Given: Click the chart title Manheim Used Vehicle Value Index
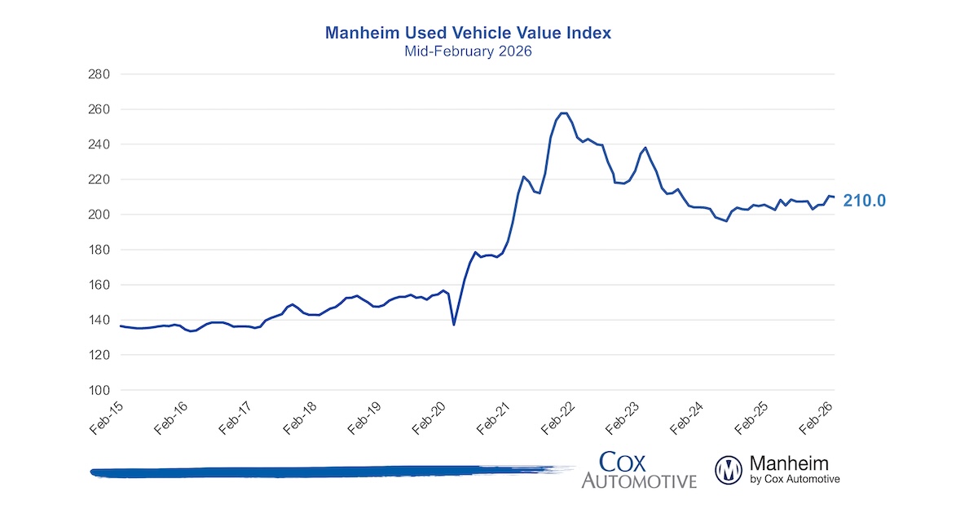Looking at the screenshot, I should tap(468, 33).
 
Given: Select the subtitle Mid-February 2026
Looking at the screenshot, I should tap(468, 51).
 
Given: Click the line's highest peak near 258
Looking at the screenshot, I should tap(563, 113).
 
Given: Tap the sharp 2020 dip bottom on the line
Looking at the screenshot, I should tap(454, 325).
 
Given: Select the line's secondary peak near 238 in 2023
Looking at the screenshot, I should tap(645, 148).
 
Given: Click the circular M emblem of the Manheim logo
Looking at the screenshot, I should tap(728, 470).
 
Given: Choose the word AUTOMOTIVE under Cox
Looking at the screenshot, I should tap(639, 481).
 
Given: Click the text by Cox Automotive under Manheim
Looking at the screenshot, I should tap(794, 480).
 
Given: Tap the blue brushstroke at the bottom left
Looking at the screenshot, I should tap(326, 472).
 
